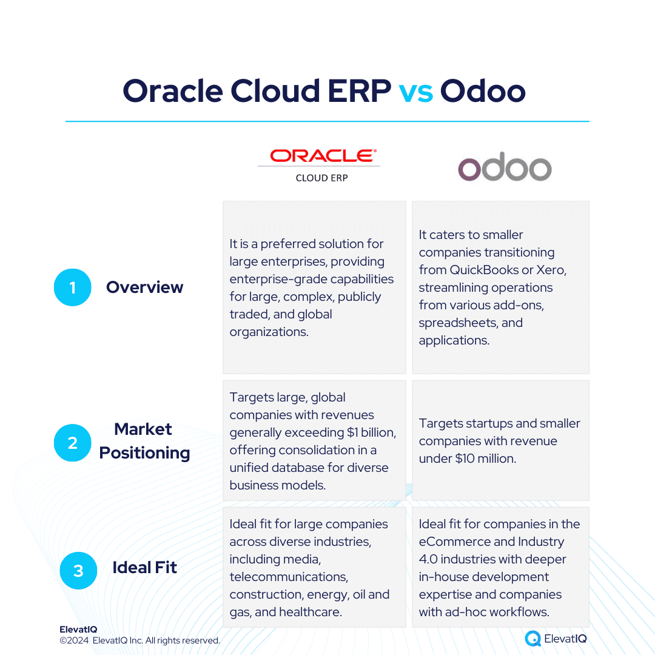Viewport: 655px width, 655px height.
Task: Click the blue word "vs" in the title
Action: [x=415, y=92]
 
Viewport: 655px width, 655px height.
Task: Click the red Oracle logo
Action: [x=323, y=156]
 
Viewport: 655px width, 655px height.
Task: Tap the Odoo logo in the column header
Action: [x=505, y=166]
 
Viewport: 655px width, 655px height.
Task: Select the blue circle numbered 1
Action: [x=73, y=287]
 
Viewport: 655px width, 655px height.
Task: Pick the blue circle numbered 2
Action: [x=73, y=443]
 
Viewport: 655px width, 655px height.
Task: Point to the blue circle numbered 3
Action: [x=78, y=571]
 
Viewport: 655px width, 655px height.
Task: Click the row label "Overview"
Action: [x=144, y=287]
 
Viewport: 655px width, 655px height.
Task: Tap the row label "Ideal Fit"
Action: [x=144, y=567]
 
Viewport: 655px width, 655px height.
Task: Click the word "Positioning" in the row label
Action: [x=144, y=453]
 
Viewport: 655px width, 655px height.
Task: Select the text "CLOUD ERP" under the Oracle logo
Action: [x=321, y=178]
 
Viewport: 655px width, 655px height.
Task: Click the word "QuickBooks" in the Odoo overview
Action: [x=484, y=270]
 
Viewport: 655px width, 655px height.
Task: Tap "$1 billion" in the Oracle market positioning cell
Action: [x=371, y=432]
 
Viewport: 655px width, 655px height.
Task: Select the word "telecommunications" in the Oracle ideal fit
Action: [x=288, y=577]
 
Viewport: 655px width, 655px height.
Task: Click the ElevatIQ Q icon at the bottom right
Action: [x=532, y=638]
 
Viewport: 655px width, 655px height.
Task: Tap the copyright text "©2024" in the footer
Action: [x=74, y=640]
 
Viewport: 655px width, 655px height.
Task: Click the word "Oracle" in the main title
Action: [x=172, y=91]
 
